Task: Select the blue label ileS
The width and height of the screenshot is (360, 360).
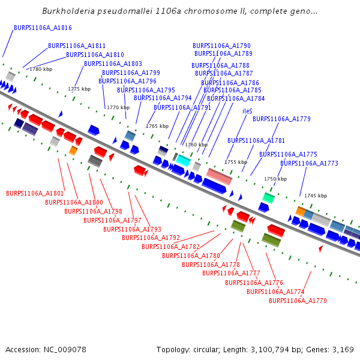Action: point(247,111)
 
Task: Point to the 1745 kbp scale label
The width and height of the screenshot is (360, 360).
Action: point(315,196)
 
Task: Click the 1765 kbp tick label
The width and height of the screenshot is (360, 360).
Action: point(157,126)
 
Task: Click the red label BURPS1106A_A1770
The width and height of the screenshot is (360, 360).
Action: point(298,301)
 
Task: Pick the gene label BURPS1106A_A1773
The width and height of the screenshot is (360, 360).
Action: point(309,163)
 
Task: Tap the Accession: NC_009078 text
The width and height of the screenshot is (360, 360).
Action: point(46,349)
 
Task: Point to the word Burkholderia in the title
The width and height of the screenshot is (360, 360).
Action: point(68,11)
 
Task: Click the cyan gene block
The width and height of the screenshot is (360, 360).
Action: point(182,160)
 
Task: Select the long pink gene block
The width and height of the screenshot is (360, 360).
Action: point(219,176)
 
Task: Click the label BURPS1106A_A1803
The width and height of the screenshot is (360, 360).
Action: point(113,64)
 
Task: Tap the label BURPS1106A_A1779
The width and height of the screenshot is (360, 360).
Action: point(281,119)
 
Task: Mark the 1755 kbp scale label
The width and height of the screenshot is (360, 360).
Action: point(236,162)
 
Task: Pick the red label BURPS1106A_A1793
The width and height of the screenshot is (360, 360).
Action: point(132,229)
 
